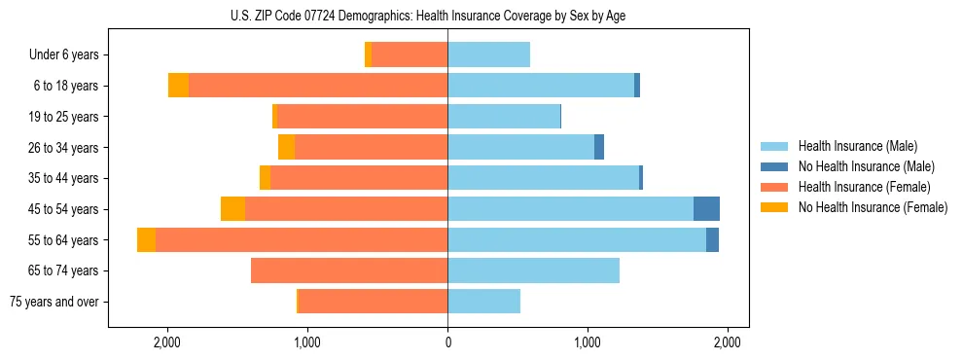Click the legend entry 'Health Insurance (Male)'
pyautogui.click(x=856, y=146)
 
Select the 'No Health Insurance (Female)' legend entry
pyautogui.click(x=873, y=207)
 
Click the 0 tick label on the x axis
pyautogui.click(x=447, y=342)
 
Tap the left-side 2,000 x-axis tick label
pyautogui.click(x=167, y=342)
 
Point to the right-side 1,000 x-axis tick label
pyautogui.click(x=588, y=342)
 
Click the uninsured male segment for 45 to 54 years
pyautogui.click(x=706, y=209)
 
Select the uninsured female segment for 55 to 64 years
pyautogui.click(x=146, y=240)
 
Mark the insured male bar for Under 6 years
pyautogui.click(x=488, y=55)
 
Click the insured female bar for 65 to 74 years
pyautogui.click(x=349, y=270)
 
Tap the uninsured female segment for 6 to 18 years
pyautogui.click(x=178, y=86)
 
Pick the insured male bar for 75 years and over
pyautogui.click(x=483, y=302)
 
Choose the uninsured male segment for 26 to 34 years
pyautogui.click(x=599, y=148)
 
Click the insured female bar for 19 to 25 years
pyautogui.click(x=362, y=117)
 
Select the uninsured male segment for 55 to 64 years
pyautogui.click(x=712, y=240)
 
